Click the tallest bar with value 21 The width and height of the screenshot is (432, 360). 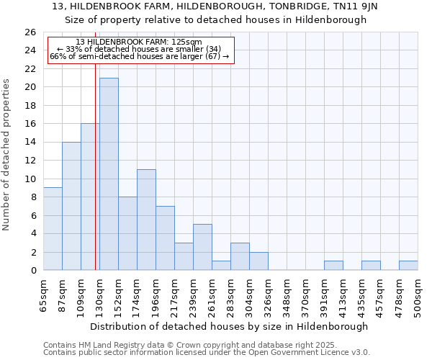pyautogui.click(x=109, y=174)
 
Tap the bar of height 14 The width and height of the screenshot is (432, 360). pyautogui.click(x=71, y=206)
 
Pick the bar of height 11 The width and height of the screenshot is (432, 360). pyautogui.click(x=146, y=220)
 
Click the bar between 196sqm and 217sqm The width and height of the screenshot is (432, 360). pyautogui.click(x=165, y=238)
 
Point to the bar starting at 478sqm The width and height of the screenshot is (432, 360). pyautogui.click(x=408, y=266)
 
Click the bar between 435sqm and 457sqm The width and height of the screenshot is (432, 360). pyautogui.click(x=371, y=266)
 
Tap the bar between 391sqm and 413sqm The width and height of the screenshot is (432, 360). pyautogui.click(x=333, y=266)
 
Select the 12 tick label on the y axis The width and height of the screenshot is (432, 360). pyautogui.click(x=30, y=161)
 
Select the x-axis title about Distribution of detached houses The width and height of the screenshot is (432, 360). pyautogui.click(x=229, y=326)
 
